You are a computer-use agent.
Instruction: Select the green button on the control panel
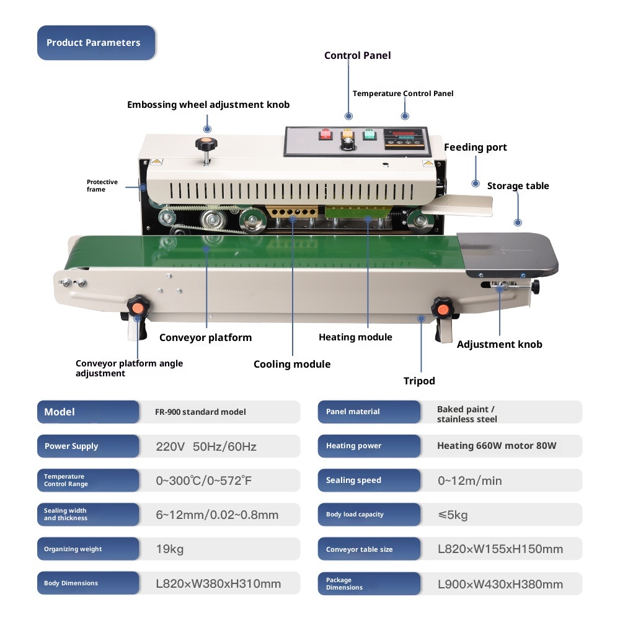(370, 135)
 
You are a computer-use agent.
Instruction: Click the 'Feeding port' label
(475, 148)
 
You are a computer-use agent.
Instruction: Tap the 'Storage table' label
(518, 186)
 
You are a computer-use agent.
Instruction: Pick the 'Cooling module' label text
(292, 365)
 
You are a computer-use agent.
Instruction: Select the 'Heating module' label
(355, 337)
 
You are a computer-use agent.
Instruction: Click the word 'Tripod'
(419, 381)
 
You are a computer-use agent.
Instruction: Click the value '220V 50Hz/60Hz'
(206, 446)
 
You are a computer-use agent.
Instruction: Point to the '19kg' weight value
(170, 549)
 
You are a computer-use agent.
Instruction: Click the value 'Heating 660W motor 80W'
(497, 446)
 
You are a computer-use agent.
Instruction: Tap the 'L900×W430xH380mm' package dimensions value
(500, 584)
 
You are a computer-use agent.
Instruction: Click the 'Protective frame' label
(102, 185)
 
